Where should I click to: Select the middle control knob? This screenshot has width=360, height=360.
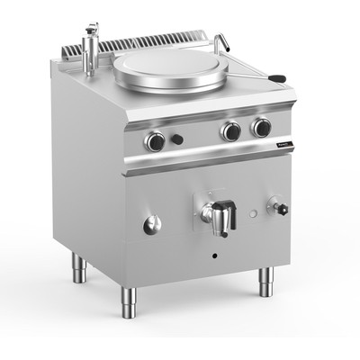tap(231, 131)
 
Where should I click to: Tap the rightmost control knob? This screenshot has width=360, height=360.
tap(261, 128)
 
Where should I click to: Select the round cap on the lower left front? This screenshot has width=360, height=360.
tap(151, 225)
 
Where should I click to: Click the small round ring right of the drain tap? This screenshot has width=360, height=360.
tap(255, 212)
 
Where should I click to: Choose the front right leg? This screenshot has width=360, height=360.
tap(266, 283)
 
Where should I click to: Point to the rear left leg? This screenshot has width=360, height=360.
tap(78, 267)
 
